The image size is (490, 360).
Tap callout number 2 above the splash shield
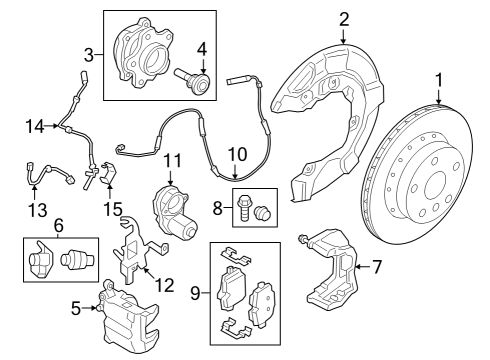pos(343,18)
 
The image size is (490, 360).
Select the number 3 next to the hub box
pos(89,53)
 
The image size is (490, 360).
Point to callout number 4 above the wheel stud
pos(201,49)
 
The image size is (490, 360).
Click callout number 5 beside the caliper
pos(75,308)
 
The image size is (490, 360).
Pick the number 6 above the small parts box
pos(59,226)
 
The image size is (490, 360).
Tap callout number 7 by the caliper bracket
pos(376,266)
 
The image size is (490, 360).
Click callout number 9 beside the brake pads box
pos(194,294)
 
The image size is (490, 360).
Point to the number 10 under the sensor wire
pos(236,155)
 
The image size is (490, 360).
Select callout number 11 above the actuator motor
pos(171,160)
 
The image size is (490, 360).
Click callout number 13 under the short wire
pos(37,209)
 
